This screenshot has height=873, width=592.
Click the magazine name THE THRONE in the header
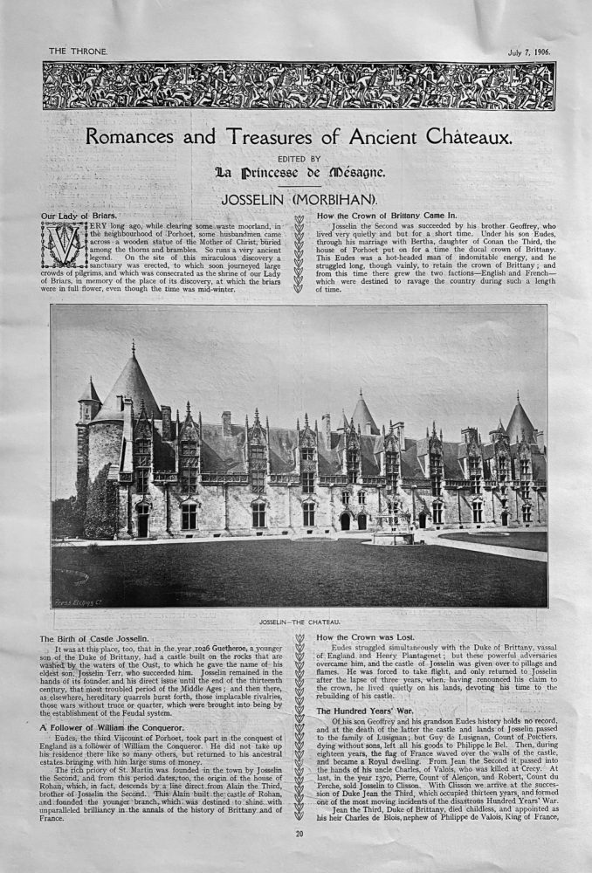pyautogui.click(x=77, y=52)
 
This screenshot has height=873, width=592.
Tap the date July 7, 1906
pyautogui.click(x=524, y=52)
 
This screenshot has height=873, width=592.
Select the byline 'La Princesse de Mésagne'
pyautogui.click(x=297, y=172)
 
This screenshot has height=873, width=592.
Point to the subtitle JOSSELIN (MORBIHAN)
pyautogui.click(x=297, y=200)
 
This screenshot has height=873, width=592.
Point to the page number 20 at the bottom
pyautogui.click(x=299, y=858)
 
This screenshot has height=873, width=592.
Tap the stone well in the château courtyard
pyautogui.click(x=391, y=532)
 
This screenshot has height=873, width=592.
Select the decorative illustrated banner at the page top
pyautogui.click(x=298, y=86)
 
